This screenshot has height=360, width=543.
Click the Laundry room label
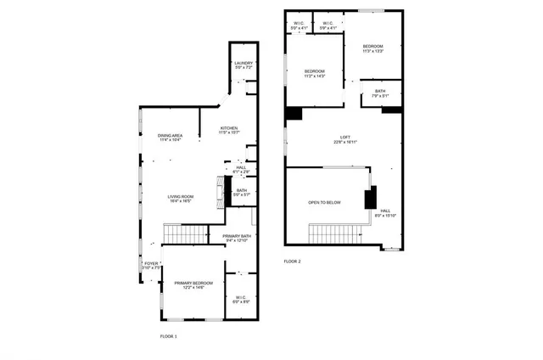pyautogui.click(x=243, y=65)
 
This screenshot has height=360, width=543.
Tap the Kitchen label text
pyautogui.click(x=229, y=130)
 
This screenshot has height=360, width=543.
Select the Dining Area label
pyautogui.click(x=171, y=138)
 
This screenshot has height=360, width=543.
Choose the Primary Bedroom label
pyautogui.click(x=193, y=284)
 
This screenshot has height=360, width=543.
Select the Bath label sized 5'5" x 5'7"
pyautogui.click(x=242, y=193)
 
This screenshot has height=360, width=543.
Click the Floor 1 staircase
pyautogui.click(x=184, y=232)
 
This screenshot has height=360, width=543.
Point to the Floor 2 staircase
pyautogui.click(x=339, y=232)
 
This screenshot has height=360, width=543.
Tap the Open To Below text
pyautogui.click(x=324, y=203)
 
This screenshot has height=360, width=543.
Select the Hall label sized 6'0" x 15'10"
pyautogui.click(x=385, y=213)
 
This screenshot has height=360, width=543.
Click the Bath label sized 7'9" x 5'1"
pyautogui.click(x=380, y=93)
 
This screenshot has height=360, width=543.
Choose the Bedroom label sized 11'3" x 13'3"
pyautogui.click(x=373, y=48)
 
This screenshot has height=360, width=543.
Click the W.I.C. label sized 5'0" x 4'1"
pyautogui.click(x=299, y=25)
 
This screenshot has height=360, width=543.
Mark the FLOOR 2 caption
pyautogui.click(x=292, y=262)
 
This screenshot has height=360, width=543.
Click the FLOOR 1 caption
pyautogui.click(x=169, y=336)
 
